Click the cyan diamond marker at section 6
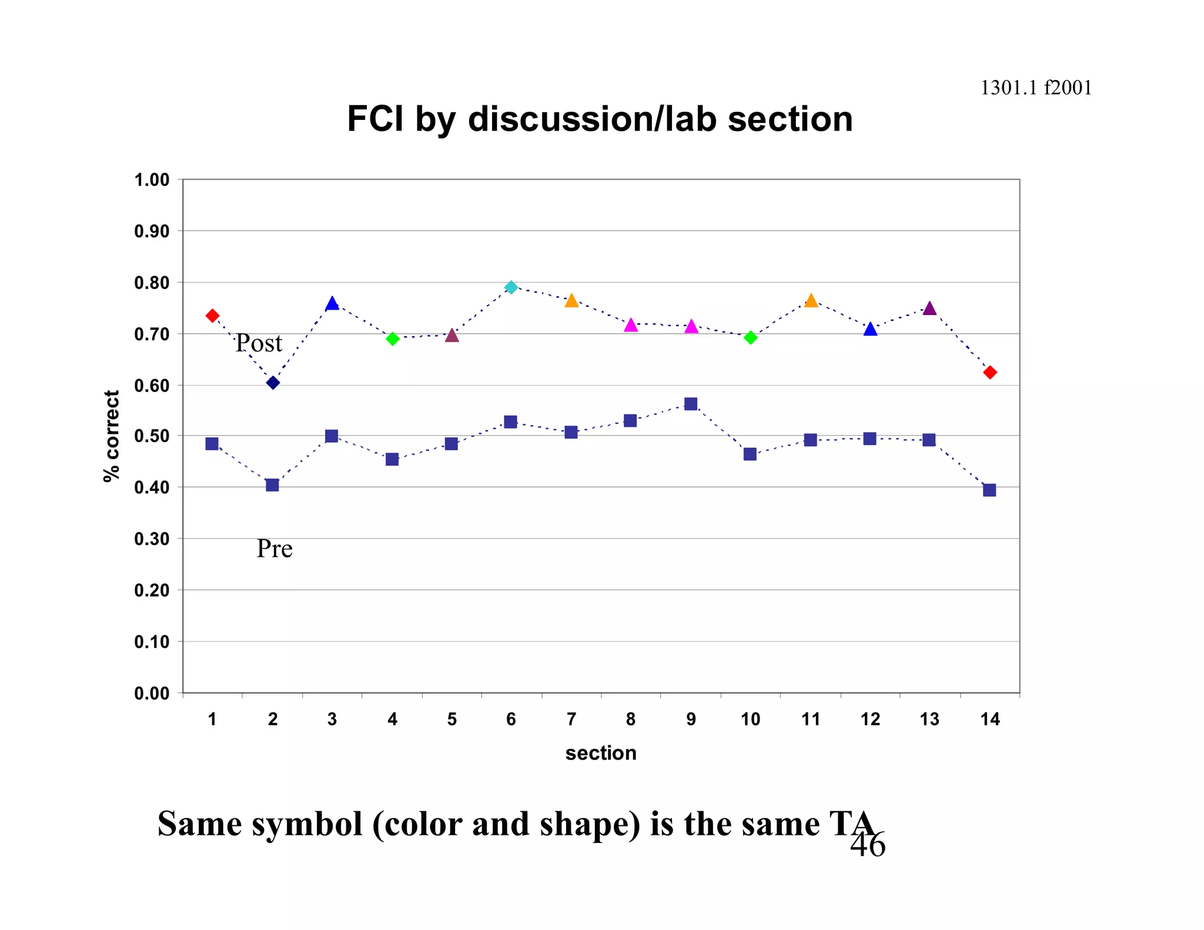pyautogui.click(x=511, y=287)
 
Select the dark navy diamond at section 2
pyautogui.click(x=273, y=383)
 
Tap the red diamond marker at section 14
pyautogui.click(x=990, y=372)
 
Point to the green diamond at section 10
pyautogui.click(x=750, y=337)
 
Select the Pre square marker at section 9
pyautogui.click(x=691, y=404)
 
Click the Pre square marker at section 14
pyautogui.click(x=989, y=490)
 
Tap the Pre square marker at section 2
pyautogui.click(x=272, y=485)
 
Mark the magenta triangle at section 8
pyautogui.click(x=631, y=326)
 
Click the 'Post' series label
pyautogui.click(x=259, y=343)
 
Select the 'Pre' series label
pyautogui.click(x=275, y=549)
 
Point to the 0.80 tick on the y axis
pyautogui.click(x=152, y=283)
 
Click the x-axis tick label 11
pyautogui.click(x=811, y=719)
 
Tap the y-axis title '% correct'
pyautogui.click(x=111, y=436)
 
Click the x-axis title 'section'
pyautogui.click(x=601, y=753)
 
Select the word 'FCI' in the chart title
pyautogui.click(x=375, y=119)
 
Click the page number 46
pyautogui.click(x=868, y=845)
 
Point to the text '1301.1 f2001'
pyautogui.click(x=1036, y=88)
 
